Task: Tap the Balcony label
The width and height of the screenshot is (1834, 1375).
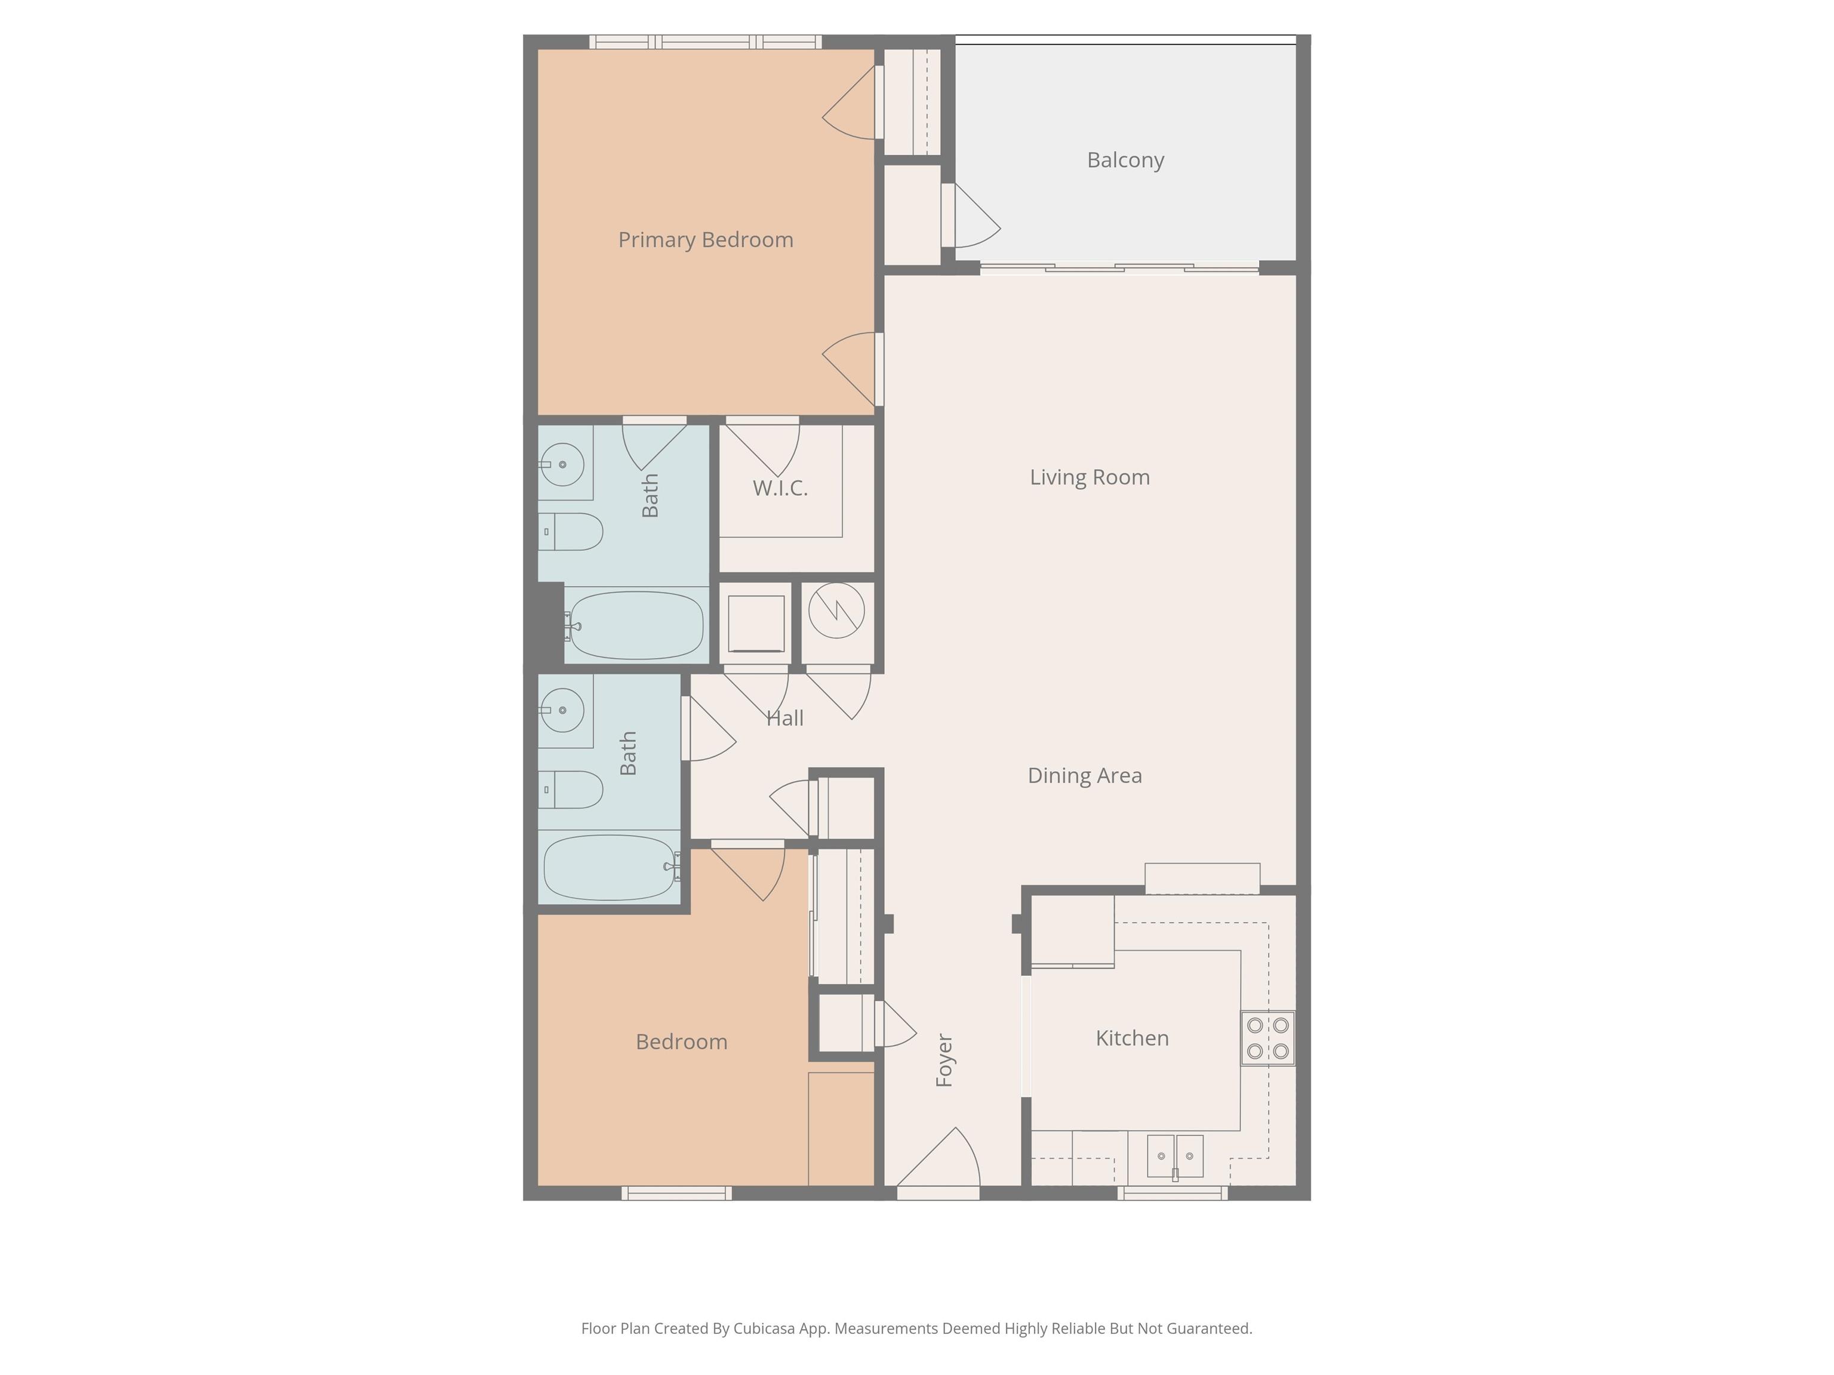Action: [1125, 160]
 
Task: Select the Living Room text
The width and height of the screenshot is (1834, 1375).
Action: [1090, 477]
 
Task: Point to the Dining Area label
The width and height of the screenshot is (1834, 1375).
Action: [1085, 776]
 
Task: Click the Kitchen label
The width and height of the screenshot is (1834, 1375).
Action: [1132, 1038]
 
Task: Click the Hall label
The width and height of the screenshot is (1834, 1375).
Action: [784, 719]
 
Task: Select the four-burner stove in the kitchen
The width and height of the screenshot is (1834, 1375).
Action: [1267, 1038]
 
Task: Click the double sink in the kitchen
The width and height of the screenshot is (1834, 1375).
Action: [1175, 1156]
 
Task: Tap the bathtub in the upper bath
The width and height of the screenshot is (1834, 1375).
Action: [636, 625]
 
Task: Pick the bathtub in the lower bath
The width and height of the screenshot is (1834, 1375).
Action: [610, 867]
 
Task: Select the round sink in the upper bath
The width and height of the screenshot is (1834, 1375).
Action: [562, 465]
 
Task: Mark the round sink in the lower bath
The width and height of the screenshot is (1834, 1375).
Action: [562, 710]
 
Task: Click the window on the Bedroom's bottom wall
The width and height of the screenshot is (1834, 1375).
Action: [676, 1194]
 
